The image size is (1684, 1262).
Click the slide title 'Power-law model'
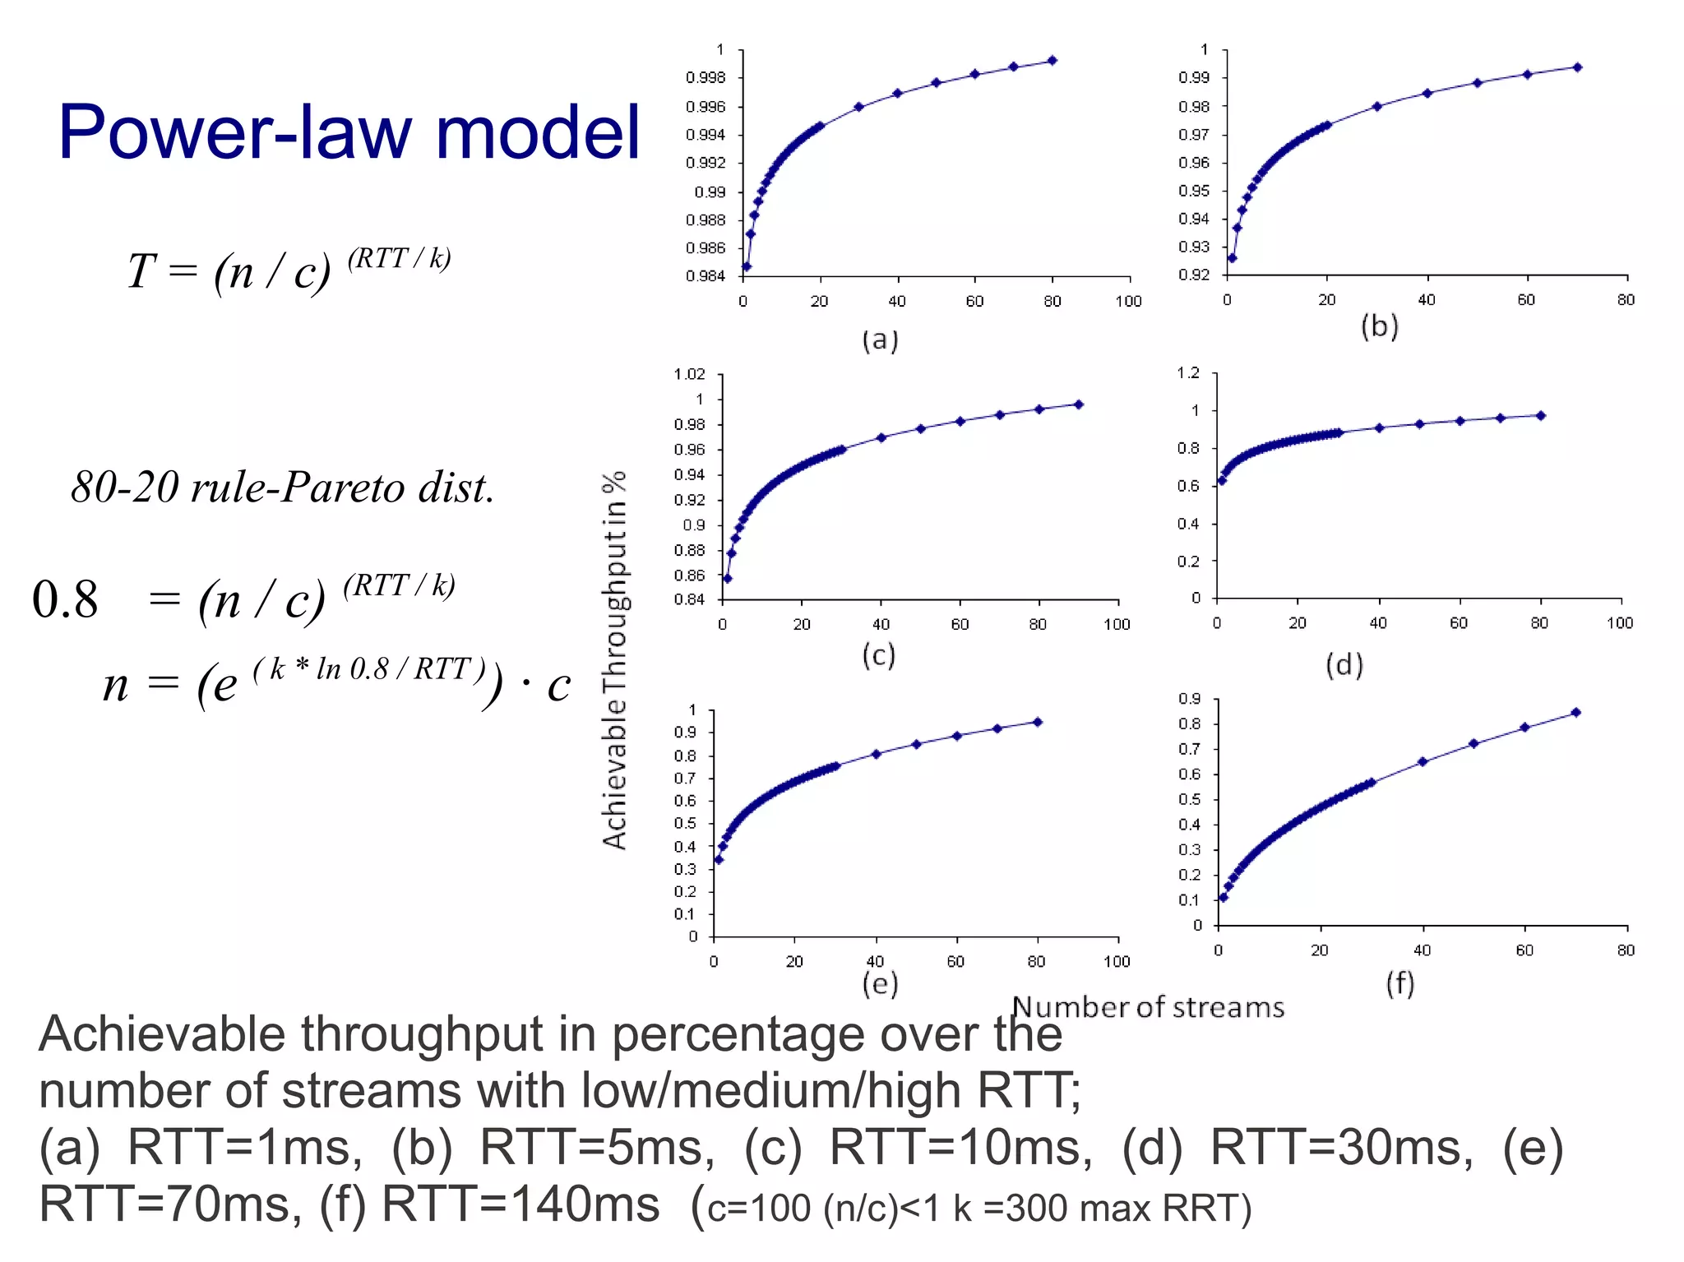(349, 132)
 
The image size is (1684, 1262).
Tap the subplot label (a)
(880, 340)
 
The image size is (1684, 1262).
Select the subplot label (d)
(1344, 663)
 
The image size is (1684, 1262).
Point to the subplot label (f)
(1400, 982)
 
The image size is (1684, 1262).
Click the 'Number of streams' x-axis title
(1148, 1007)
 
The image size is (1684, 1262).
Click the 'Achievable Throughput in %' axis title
(614, 660)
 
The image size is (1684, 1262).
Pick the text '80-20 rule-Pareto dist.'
(283, 487)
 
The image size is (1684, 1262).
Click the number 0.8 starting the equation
(65, 599)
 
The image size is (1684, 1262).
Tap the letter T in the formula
(141, 270)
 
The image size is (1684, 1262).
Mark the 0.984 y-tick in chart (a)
(706, 276)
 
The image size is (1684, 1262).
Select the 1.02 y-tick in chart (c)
(689, 375)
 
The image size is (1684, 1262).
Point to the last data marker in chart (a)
(1052, 60)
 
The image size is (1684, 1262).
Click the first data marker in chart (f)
(1224, 897)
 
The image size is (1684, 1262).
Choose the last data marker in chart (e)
(1038, 722)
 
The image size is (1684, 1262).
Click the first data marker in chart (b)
(1232, 258)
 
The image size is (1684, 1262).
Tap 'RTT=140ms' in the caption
(520, 1204)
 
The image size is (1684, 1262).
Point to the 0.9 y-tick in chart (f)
(1189, 699)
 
